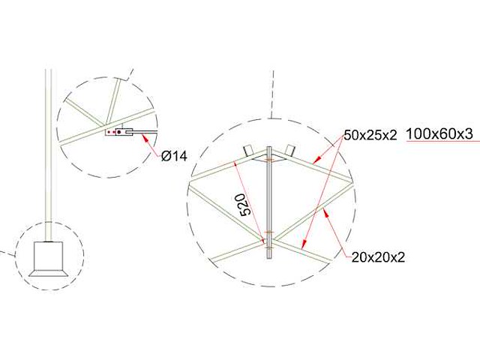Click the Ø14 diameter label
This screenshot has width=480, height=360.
pos(174,156)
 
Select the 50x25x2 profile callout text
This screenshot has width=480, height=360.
pos(370,136)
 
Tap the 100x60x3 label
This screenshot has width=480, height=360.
pos(439,135)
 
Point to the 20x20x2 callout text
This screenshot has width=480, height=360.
pos(378,257)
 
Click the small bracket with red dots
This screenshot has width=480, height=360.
pos(118,133)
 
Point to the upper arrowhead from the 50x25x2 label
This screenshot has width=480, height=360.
pos(315,160)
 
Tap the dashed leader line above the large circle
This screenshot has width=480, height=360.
pos(272,94)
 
